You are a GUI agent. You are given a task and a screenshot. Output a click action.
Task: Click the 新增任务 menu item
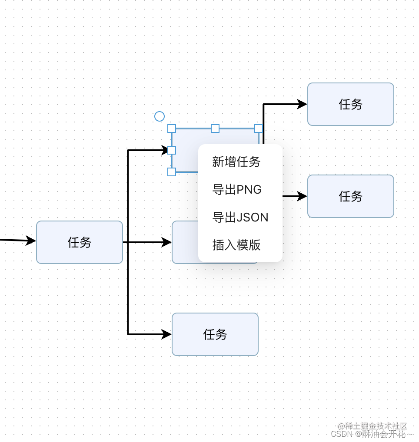[x=236, y=162]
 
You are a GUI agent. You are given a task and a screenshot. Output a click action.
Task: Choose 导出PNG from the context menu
[x=237, y=190]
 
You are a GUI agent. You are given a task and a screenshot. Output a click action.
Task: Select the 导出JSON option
[x=240, y=218]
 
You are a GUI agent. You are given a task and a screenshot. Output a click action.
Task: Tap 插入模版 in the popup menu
[x=236, y=245]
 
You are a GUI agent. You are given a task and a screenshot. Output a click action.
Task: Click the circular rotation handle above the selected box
[x=160, y=116]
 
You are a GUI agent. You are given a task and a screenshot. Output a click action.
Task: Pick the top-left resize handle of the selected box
[x=172, y=129]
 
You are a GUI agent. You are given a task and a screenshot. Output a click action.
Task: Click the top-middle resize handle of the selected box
[x=215, y=129]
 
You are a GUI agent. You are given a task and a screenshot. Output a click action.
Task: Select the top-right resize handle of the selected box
[x=259, y=129]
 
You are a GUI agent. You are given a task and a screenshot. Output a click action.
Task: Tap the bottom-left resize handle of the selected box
[x=172, y=172]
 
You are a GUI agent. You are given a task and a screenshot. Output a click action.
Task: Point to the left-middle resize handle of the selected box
[x=172, y=150]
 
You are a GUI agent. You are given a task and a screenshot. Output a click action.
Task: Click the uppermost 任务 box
[x=350, y=104]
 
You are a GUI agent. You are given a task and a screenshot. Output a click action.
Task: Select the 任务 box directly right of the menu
[x=350, y=196]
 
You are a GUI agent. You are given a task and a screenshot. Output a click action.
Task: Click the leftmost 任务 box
[x=80, y=242]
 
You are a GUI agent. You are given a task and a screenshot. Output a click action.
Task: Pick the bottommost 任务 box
[x=215, y=334]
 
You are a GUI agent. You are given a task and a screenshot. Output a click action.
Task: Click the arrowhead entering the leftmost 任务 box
[x=31, y=241]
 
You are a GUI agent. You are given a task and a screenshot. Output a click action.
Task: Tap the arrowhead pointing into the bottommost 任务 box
[x=166, y=334]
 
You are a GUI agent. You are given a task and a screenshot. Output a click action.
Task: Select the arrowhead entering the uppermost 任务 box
[x=302, y=104]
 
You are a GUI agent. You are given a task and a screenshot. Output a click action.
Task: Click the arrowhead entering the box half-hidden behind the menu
[x=166, y=242]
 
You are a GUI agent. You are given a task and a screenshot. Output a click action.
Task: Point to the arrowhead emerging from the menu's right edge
[x=302, y=196]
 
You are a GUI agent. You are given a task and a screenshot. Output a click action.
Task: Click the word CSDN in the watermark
[x=341, y=434]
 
